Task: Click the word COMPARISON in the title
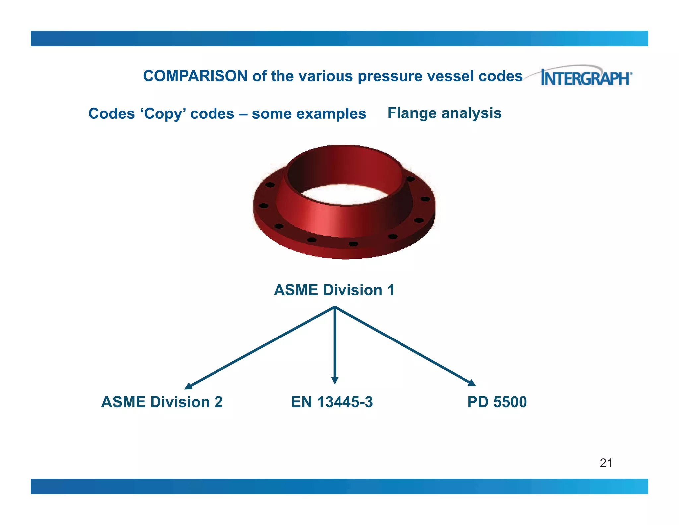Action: click(x=195, y=76)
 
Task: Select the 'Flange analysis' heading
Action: click(x=444, y=113)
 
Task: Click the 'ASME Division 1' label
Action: click(x=334, y=290)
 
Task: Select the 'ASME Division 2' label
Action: click(x=162, y=402)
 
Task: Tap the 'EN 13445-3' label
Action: click(x=332, y=402)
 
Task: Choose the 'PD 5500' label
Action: click(x=497, y=402)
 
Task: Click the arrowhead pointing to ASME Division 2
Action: click(x=188, y=386)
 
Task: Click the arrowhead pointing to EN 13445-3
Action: click(x=335, y=380)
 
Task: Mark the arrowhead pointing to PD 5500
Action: click(x=472, y=383)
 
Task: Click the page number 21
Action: click(x=606, y=463)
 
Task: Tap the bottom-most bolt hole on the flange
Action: click(x=353, y=244)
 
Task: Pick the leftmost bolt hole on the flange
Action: click(x=263, y=206)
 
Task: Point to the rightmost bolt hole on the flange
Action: click(x=425, y=199)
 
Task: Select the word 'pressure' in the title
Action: click(x=390, y=76)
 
